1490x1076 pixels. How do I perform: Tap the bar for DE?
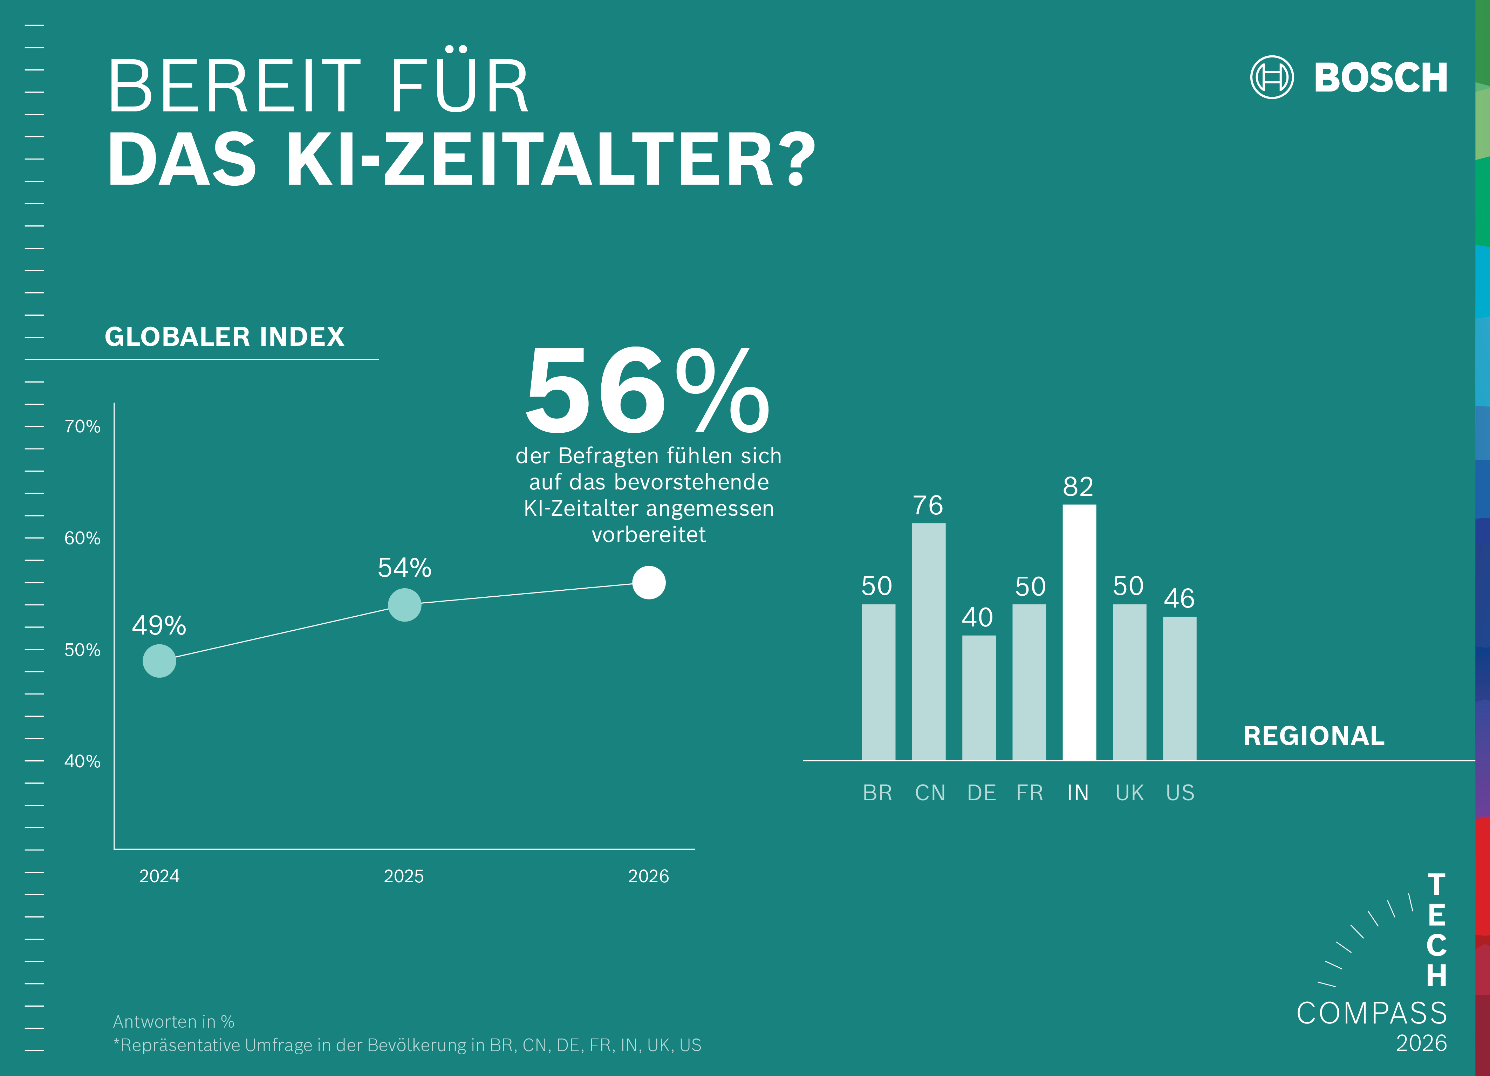coord(978,698)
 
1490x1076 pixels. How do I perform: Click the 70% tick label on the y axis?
coord(82,426)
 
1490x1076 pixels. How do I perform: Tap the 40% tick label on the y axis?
coord(82,761)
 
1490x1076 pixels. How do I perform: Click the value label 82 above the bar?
coord(1078,487)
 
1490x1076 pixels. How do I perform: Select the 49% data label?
coord(159,625)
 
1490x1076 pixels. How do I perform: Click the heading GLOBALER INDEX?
coord(224,337)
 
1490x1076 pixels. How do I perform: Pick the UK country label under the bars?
coord(1129,793)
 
